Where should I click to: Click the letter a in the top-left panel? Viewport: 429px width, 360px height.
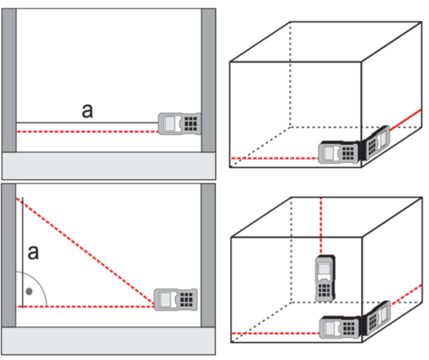pyautogui.click(x=86, y=111)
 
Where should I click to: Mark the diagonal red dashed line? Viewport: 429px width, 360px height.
pyautogui.click(x=86, y=250)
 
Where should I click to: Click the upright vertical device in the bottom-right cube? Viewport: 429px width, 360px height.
pyautogui.click(x=324, y=277)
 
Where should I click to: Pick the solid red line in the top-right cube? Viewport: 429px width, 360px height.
pyautogui.click(x=404, y=118)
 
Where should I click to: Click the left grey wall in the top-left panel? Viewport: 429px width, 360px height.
pyautogui.click(x=9, y=79)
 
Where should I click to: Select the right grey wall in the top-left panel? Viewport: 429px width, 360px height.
pyautogui.click(x=208, y=79)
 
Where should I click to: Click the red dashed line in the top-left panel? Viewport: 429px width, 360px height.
pyautogui.click(x=86, y=131)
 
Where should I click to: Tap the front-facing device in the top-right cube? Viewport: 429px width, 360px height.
pyautogui.click(x=338, y=151)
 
